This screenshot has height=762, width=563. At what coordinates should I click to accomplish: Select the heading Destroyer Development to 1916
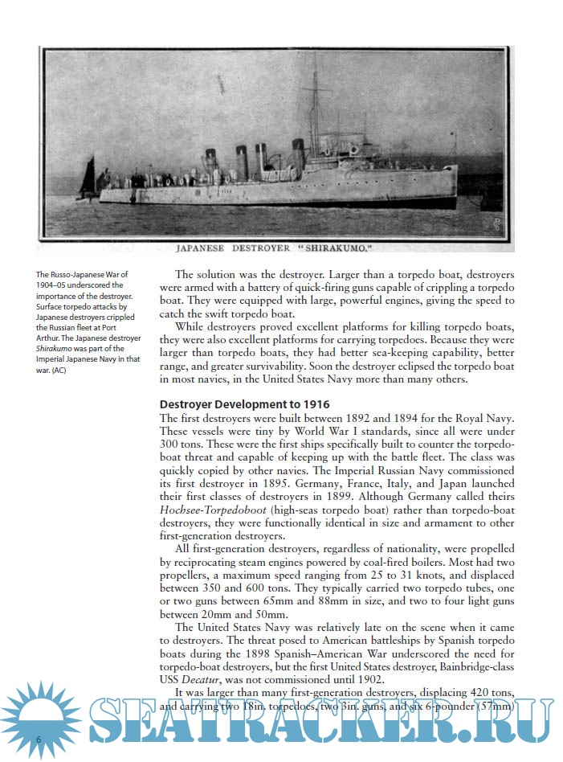pyautogui.click(x=244, y=404)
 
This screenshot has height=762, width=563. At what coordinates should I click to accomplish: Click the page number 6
pyautogui.click(x=38, y=738)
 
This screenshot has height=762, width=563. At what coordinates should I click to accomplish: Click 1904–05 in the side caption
pyautogui.click(x=55, y=285)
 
